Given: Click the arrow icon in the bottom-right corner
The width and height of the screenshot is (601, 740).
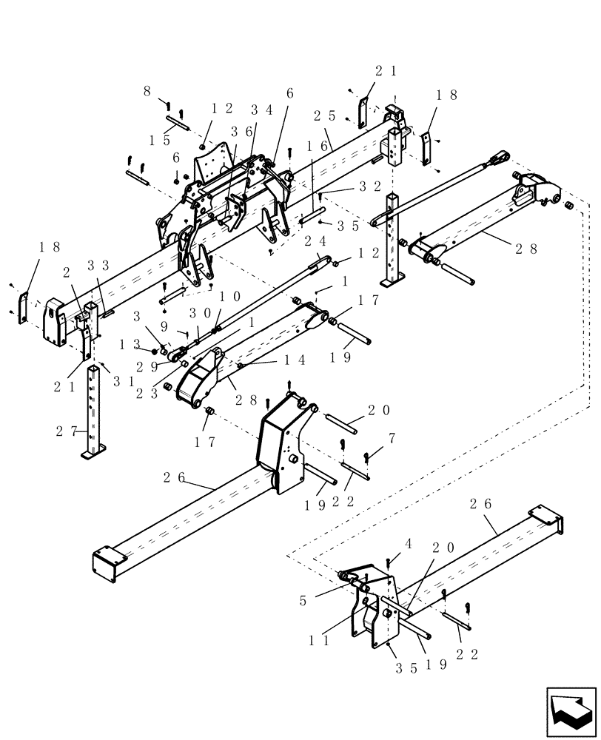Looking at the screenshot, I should pos(571,712).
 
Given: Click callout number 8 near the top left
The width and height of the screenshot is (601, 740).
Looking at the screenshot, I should pos(147,92).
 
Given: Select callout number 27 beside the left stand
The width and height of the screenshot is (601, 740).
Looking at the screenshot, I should pos(64,430).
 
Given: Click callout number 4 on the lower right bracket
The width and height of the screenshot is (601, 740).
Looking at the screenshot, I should pos(408,545).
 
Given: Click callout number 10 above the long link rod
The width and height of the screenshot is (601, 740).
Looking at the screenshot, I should pos(228,296).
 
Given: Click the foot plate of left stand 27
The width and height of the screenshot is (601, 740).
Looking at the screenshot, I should pos(93,452).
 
